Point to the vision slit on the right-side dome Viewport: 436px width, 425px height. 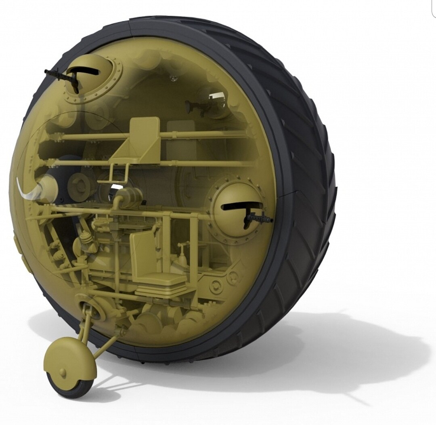click(237, 206)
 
